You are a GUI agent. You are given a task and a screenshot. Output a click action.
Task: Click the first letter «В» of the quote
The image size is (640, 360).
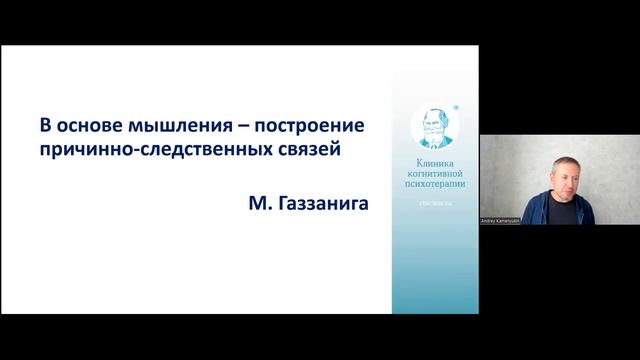(x=45, y=130)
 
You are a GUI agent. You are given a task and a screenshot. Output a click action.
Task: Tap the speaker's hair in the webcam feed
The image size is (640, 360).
(x=566, y=159)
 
